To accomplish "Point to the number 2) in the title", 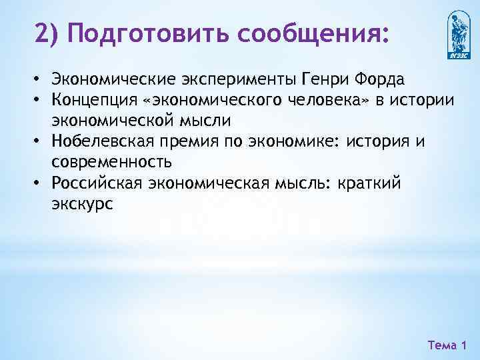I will pos(48,33).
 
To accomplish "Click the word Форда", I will pos(381,81).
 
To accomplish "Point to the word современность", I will pos(111,163).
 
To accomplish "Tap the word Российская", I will pos(95,183).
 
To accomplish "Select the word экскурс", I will pos(82,204).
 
